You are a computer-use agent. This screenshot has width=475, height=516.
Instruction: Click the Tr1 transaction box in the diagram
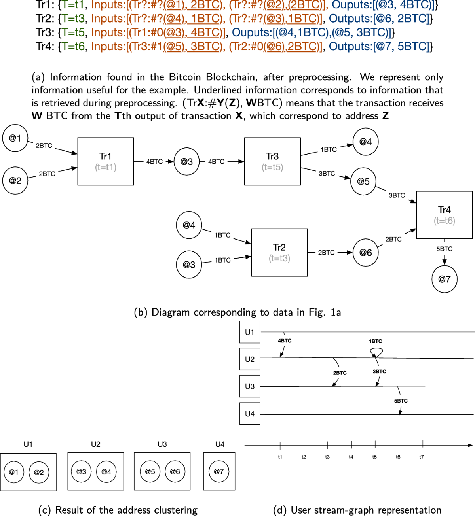106,161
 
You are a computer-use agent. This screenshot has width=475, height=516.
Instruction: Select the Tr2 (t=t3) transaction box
279,252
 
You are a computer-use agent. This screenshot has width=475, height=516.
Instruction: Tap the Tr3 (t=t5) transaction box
272,161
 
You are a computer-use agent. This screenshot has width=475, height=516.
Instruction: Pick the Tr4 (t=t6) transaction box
444,215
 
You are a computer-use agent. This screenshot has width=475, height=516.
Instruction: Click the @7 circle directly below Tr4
445,279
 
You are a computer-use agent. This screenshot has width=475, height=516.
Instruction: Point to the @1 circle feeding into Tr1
15,138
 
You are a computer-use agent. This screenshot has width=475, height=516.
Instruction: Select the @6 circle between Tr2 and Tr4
365,252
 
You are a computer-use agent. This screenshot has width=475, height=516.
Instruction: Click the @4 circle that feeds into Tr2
189,225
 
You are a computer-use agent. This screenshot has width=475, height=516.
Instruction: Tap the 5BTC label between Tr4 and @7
444,249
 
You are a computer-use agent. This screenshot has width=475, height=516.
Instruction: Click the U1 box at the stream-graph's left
250,332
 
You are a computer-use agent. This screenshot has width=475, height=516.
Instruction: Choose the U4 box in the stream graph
250,414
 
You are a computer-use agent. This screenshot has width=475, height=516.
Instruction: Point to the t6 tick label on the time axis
398,457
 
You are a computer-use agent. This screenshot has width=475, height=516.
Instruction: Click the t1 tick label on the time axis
280,457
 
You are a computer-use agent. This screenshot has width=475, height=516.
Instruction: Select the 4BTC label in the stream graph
285,340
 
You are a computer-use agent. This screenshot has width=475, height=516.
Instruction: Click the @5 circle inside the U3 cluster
150,471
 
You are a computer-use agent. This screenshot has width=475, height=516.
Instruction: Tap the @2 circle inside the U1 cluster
39,472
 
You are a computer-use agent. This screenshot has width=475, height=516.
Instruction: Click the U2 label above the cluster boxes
95,444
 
